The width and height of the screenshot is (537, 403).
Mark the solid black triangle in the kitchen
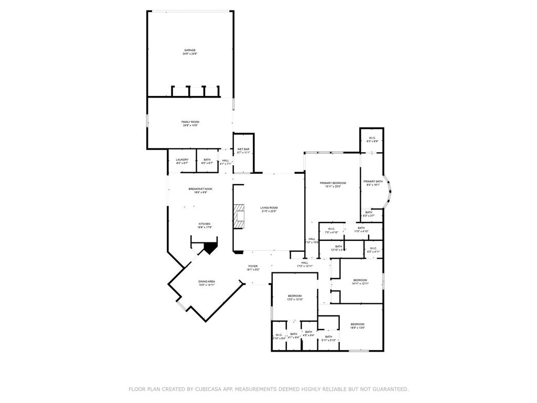210,247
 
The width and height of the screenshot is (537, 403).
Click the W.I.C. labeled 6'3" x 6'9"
372,140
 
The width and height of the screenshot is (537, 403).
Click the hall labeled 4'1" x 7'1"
225,162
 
